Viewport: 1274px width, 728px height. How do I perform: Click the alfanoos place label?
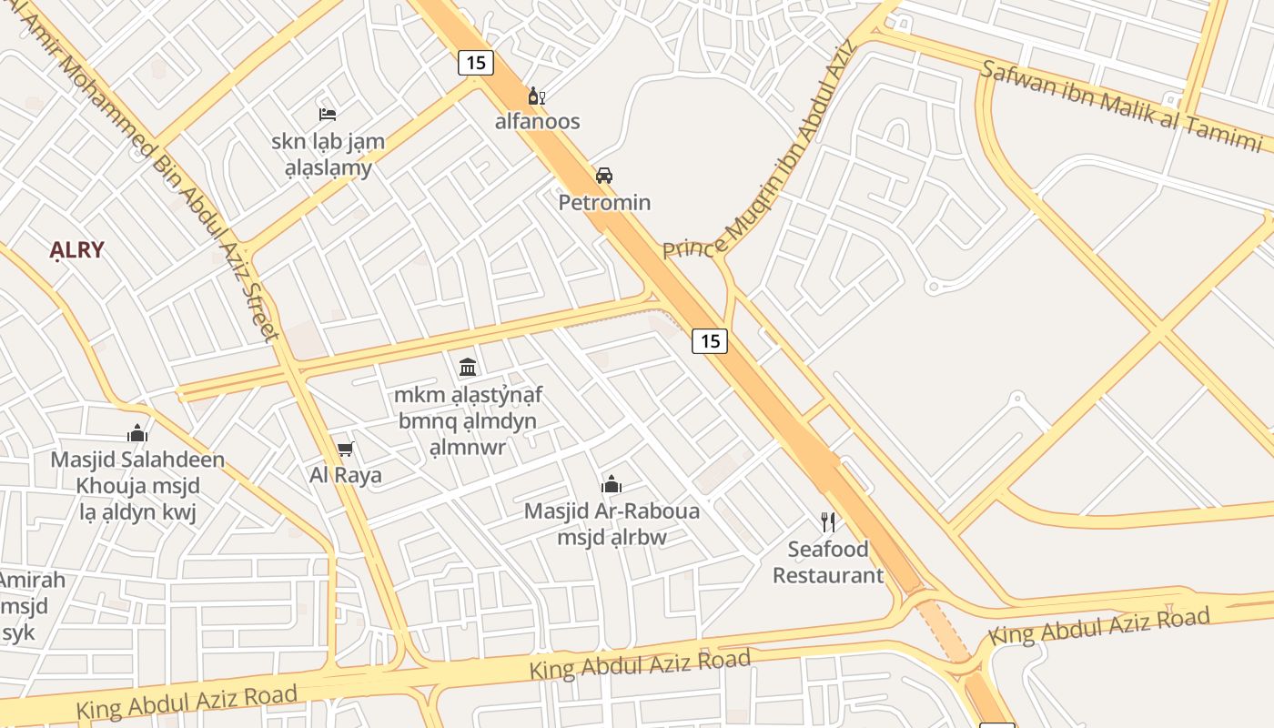(537, 121)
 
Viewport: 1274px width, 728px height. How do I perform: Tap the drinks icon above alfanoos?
(537, 96)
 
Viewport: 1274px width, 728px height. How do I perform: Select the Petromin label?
(604, 202)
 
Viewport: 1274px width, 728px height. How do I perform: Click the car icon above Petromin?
(604, 175)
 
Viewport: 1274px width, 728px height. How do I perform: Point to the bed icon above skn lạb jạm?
(328, 114)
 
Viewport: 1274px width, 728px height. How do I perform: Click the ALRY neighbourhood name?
(77, 250)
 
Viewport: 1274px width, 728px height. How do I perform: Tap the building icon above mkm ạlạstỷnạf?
(468, 367)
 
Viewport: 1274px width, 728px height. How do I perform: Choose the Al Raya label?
(346, 475)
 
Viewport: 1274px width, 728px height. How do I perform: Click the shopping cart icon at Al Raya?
(345, 449)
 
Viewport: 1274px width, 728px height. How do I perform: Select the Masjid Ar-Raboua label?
(612, 511)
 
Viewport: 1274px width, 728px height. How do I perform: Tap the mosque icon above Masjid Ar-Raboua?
(612, 484)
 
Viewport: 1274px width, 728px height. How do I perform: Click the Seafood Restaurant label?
(828, 562)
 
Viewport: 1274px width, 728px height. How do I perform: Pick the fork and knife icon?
(828, 521)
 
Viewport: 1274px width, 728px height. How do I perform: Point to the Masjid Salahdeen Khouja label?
(137, 472)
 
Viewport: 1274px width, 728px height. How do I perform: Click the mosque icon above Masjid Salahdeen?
(137, 433)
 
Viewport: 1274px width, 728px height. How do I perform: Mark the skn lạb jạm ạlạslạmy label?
(328, 155)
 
